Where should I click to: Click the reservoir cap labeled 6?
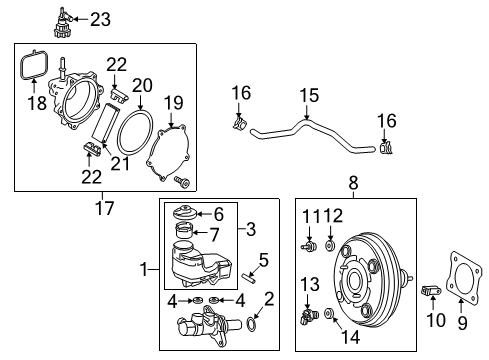[x=187, y=214]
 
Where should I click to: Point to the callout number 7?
[x=217, y=234]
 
